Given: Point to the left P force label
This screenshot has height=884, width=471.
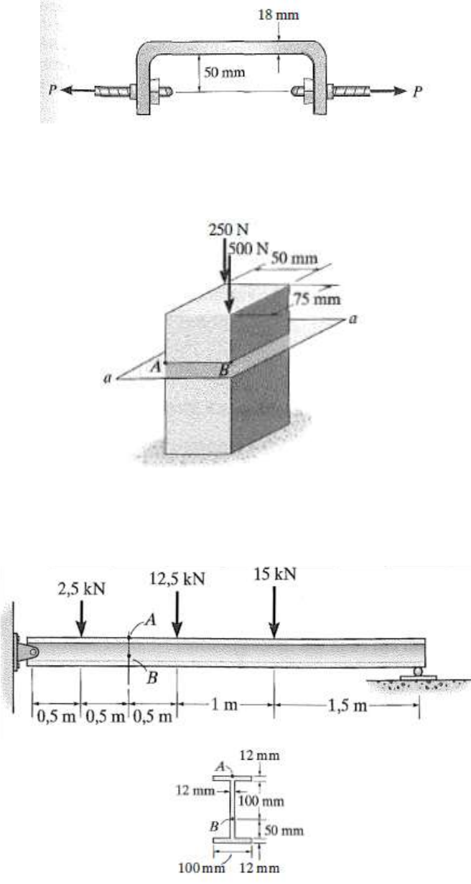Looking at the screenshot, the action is click(45, 91).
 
